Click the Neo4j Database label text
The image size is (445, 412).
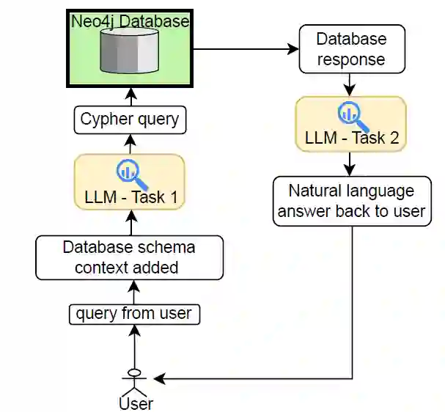coord(130,21)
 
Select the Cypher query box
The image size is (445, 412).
coord(130,119)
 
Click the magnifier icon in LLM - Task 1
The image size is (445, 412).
coord(129,172)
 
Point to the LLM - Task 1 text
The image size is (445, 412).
coord(129,196)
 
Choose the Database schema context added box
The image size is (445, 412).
coord(130,257)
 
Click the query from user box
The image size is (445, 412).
coord(134,314)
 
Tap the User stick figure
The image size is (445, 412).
coord(134,380)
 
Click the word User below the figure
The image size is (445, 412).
coord(136,403)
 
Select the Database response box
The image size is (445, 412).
coord(352,48)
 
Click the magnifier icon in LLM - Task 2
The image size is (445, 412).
coord(350,113)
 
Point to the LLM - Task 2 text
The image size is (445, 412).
coord(350,137)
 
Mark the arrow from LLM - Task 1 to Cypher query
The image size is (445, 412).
coord(130,144)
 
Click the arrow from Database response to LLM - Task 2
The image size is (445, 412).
coord(350,84)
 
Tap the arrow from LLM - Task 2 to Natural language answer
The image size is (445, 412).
coord(350,163)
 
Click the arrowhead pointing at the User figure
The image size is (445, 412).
coord(159,378)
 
